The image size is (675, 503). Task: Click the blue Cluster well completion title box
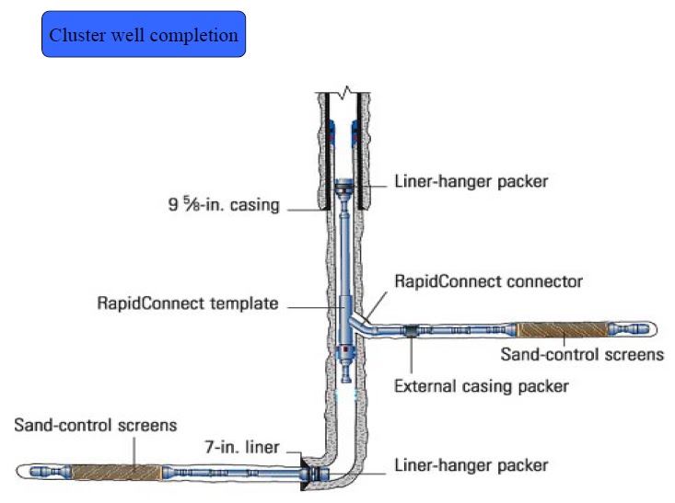pos(143,35)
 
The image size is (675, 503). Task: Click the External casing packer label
pos(481,386)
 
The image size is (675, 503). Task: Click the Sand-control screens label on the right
pos(581,353)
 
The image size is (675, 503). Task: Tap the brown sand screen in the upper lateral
pos(564,329)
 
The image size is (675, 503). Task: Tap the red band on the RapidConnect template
pos(345,350)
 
